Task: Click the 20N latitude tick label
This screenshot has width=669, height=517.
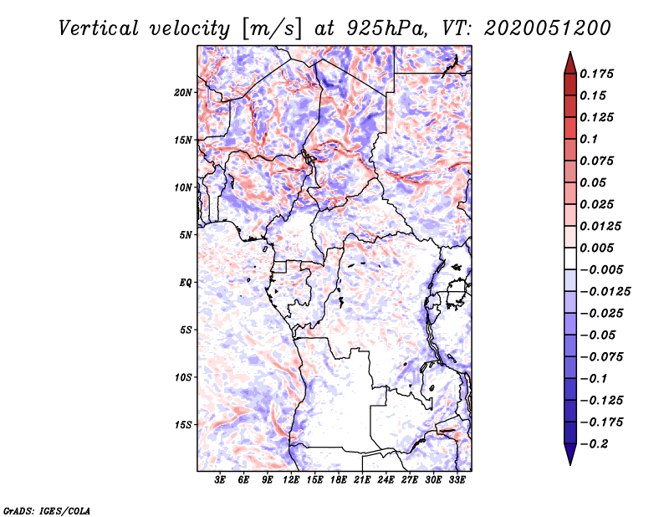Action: tap(183, 92)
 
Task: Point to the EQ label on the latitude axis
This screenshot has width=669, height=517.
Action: tap(186, 282)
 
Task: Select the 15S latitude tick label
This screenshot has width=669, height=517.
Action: tap(183, 424)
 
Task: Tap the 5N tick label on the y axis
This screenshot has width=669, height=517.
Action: tap(186, 234)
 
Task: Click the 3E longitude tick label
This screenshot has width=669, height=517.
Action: tap(221, 480)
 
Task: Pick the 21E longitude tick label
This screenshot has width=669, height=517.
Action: tap(363, 480)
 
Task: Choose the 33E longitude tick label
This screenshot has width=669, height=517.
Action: tap(457, 480)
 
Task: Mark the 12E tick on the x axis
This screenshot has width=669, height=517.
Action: tap(292, 480)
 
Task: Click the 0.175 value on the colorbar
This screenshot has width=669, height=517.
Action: tap(598, 74)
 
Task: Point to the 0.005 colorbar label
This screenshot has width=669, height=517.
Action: tap(598, 248)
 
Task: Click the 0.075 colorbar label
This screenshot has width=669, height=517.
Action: tap(598, 161)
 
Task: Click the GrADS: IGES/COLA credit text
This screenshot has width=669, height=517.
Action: tap(47, 509)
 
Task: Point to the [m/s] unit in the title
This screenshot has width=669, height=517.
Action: tap(268, 28)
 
